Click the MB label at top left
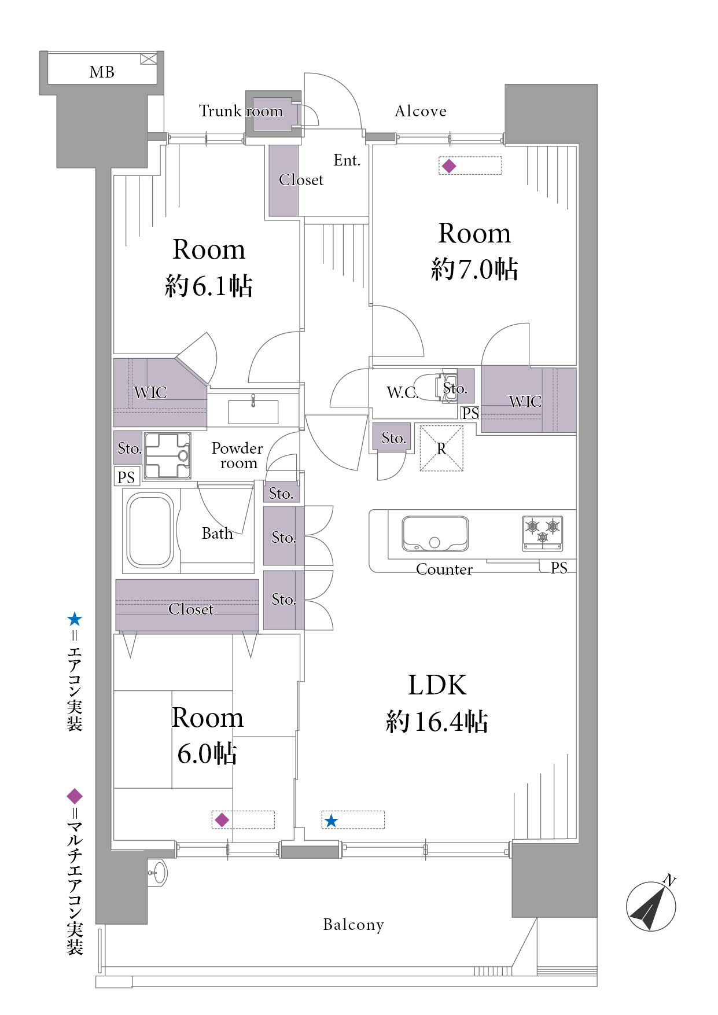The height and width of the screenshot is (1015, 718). (x=102, y=72)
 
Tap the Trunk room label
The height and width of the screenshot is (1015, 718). (x=241, y=111)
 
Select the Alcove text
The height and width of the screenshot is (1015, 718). (x=421, y=111)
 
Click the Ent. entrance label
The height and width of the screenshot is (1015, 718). (x=347, y=160)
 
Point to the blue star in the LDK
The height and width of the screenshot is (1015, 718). (x=331, y=821)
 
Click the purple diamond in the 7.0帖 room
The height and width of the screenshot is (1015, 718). (x=449, y=166)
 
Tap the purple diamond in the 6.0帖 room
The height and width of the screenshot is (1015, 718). (x=222, y=820)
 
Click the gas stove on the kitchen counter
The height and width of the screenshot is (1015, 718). (x=543, y=533)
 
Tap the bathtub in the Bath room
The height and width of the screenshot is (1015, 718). (x=150, y=530)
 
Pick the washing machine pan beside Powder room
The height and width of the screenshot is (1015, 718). (x=168, y=456)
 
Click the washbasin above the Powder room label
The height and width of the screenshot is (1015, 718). (x=253, y=411)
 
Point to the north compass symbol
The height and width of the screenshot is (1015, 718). (x=651, y=904)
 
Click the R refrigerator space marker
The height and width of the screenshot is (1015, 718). (x=441, y=448)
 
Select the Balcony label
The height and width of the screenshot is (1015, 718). (x=354, y=925)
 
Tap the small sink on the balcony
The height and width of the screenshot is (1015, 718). (x=157, y=872)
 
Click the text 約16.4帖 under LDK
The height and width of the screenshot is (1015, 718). (x=437, y=722)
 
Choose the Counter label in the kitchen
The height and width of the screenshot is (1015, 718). (x=444, y=569)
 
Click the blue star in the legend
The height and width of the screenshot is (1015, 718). (x=75, y=619)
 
